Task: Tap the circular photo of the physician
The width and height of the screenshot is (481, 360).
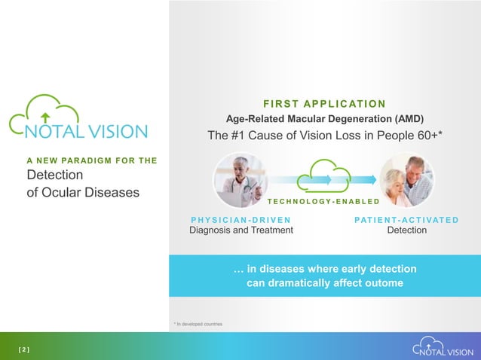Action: pyautogui.click(x=240, y=181)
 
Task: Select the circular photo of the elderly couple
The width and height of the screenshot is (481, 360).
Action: pyautogui.click(x=406, y=181)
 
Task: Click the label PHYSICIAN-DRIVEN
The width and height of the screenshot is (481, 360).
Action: pyautogui.click(x=240, y=219)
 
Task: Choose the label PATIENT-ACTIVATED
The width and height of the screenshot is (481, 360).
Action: pyautogui.click(x=406, y=219)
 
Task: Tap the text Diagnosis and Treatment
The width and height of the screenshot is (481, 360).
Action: pyautogui.click(x=240, y=230)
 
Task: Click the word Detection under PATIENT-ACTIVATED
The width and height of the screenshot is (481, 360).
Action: pyautogui.click(x=406, y=230)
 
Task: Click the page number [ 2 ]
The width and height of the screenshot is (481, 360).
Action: pyautogui.click(x=23, y=349)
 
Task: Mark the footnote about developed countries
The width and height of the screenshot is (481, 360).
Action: pyautogui.click(x=198, y=324)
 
